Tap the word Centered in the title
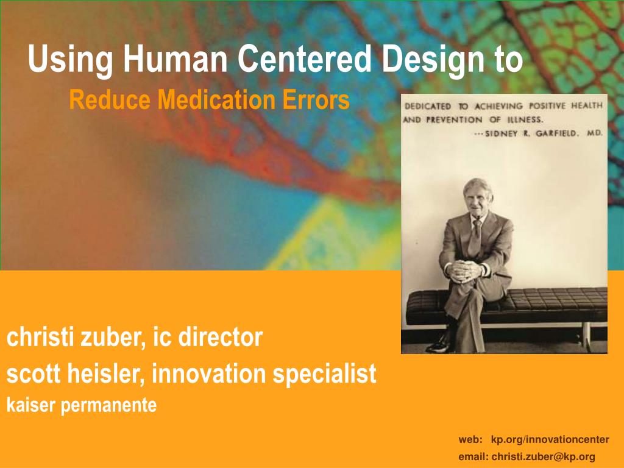coord(303,60)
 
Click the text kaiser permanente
coord(81,405)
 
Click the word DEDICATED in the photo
coord(429,105)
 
